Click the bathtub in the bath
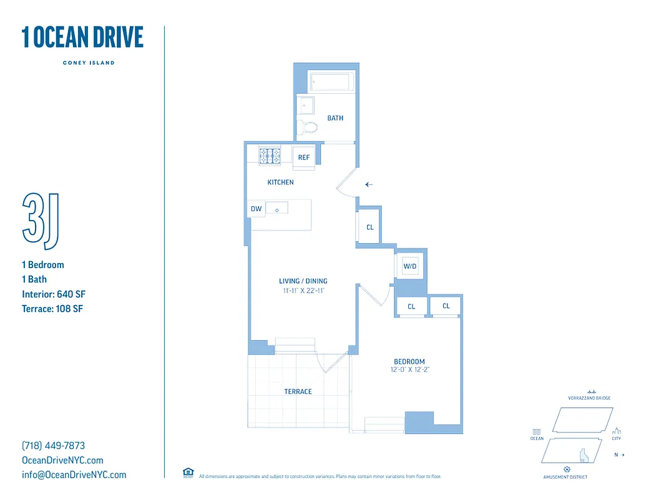tap(331, 82)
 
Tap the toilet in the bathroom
tap(308, 127)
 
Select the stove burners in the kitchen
tap(271, 156)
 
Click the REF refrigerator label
tap(304, 157)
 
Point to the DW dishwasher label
tap(256, 209)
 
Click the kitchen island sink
tap(277, 209)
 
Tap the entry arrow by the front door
tap(369, 184)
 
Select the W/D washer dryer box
tap(410, 266)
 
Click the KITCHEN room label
tap(280, 182)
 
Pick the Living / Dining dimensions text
tap(303, 291)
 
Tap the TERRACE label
tap(298, 392)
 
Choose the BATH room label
tap(335, 118)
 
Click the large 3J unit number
tap(41, 218)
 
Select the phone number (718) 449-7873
tap(53, 446)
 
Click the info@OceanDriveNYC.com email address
tap(74, 475)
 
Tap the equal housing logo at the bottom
tap(188, 472)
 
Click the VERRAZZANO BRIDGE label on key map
tap(589, 398)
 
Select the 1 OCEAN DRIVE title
tap(82, 37)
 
